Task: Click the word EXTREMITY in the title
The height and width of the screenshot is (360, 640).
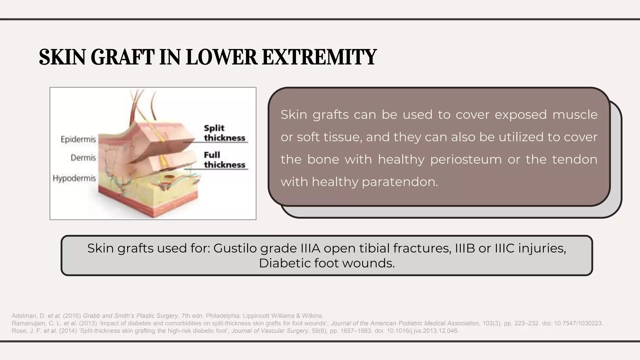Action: click(x=319, y=57)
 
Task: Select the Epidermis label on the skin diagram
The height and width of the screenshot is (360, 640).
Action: click(x=78, y=139)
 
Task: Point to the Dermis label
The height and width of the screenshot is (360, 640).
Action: click(x=83, y=158)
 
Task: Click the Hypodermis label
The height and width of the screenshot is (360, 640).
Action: click(x=74, y=178)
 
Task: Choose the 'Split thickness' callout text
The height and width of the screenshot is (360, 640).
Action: click(x=224, y=133)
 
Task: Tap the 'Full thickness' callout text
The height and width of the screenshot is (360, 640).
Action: click(x=224, y=160)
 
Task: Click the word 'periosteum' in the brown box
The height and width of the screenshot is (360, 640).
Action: click(x=466, y=160)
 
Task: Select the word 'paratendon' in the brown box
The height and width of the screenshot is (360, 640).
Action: click(x=400, y=182)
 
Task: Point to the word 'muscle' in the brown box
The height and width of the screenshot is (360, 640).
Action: click(x=575, y=115)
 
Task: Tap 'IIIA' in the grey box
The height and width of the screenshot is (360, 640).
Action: click(x=311, y=248)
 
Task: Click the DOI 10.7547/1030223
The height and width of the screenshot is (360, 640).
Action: click(x=578, y=323)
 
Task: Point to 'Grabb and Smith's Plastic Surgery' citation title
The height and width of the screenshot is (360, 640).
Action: click(x=130, y=316)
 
